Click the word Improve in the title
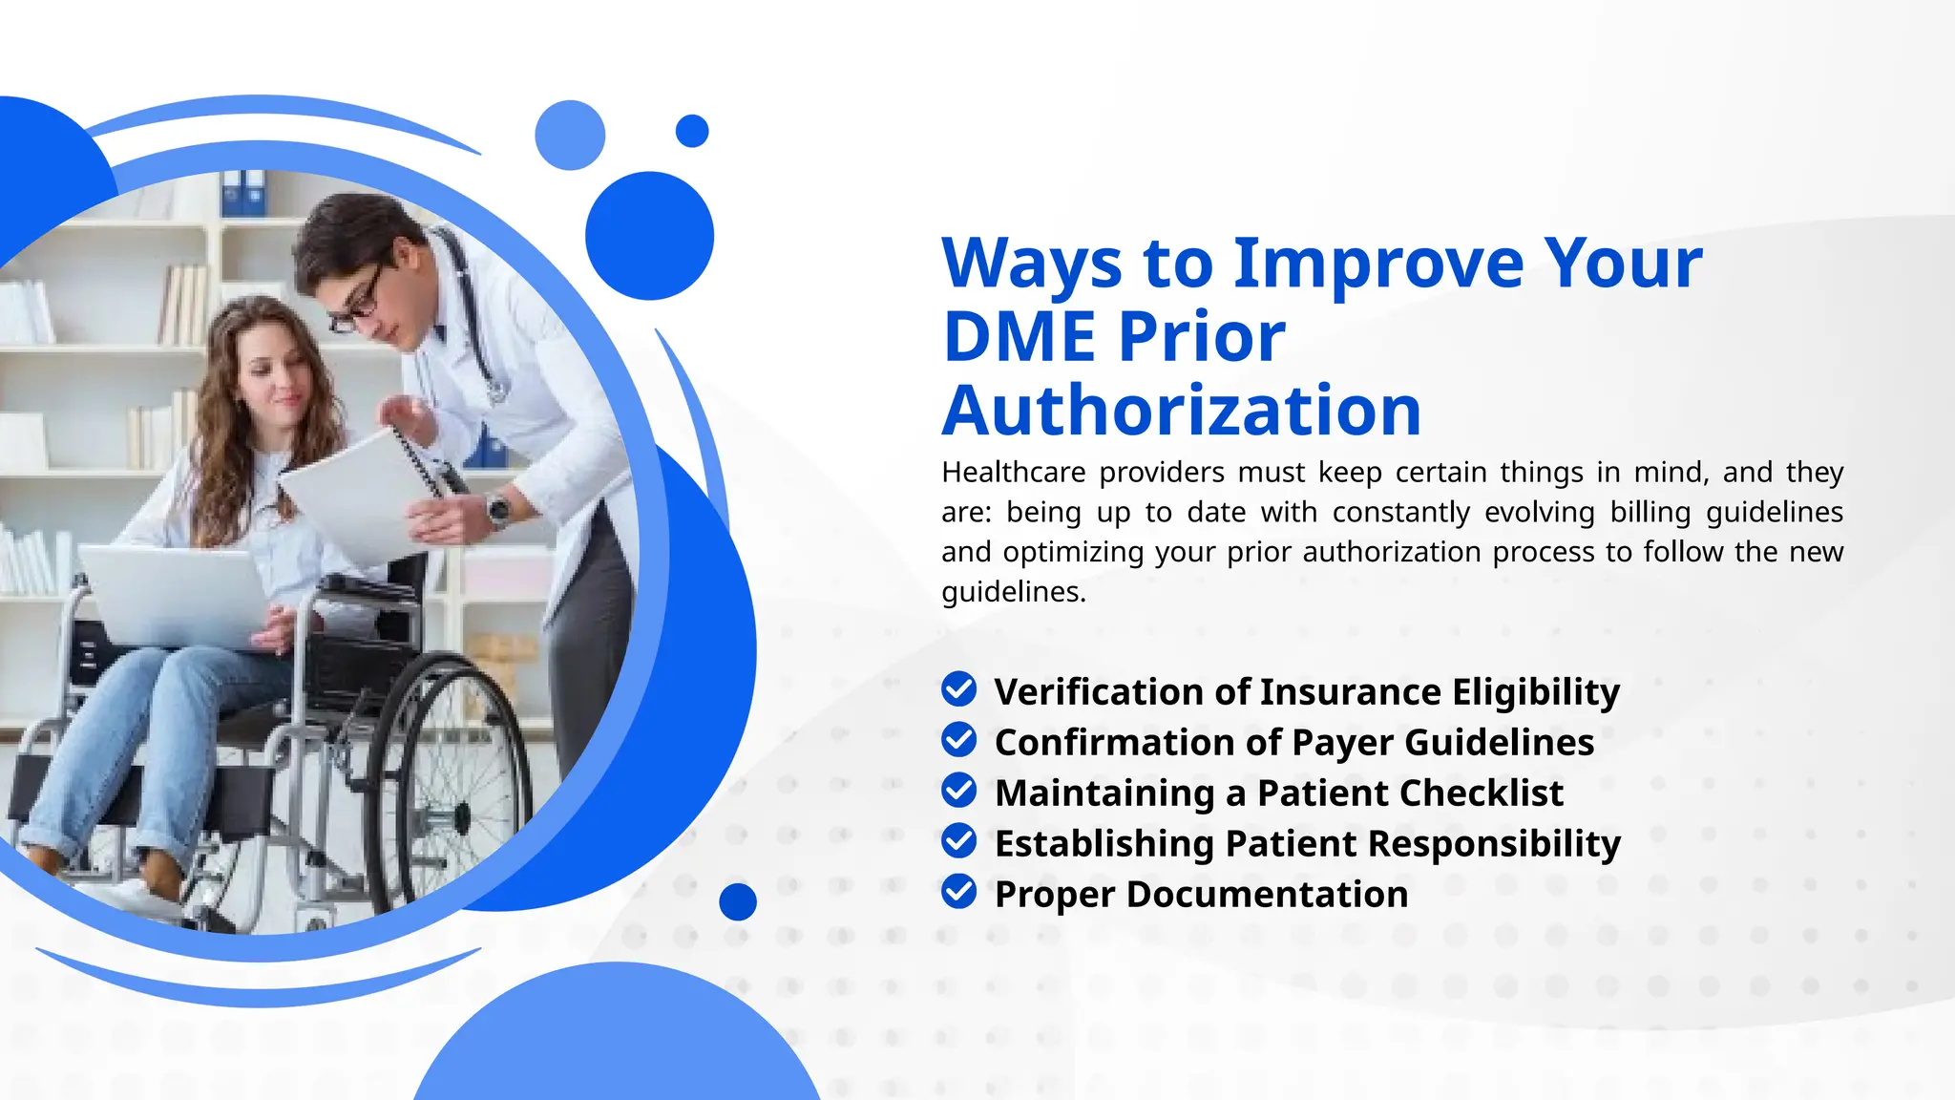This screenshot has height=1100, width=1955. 1378,264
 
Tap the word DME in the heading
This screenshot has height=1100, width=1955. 1019,338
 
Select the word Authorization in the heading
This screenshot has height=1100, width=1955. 1182,412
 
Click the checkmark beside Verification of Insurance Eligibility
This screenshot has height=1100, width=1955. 958,689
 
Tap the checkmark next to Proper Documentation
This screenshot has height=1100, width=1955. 958,892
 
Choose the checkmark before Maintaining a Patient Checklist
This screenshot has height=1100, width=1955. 958,791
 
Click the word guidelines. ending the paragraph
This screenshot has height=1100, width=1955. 1013,592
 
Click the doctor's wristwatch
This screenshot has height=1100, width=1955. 497,508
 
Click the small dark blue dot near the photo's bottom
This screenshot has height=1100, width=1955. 737,901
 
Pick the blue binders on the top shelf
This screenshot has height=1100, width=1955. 243,194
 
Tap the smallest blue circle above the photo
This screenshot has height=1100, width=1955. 692,131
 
